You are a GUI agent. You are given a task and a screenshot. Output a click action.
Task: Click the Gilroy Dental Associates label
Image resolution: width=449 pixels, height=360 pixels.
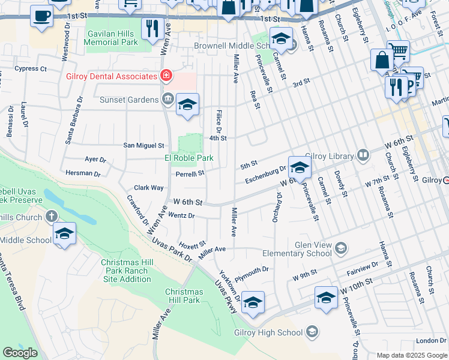click(x=112, y=76)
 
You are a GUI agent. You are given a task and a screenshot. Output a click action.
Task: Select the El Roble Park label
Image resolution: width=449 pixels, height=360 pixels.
click(x=189, y=158)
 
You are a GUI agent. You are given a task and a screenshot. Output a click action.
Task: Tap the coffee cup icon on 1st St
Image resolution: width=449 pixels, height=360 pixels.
click(x=41, y=16)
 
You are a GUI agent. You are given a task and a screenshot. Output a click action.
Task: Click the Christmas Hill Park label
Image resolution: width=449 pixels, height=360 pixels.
click(x=182, y=296)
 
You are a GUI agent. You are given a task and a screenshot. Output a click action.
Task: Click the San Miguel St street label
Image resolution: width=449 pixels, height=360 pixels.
click(x=143, y=145)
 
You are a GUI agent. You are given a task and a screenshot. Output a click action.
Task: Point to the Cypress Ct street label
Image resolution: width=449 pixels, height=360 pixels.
click(x=31, y=69)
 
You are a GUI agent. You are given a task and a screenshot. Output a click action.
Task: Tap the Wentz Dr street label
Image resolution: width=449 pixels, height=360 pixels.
click(x=181, y=215)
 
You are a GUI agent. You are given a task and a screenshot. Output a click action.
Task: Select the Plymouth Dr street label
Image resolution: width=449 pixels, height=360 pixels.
click(x=252, y=272)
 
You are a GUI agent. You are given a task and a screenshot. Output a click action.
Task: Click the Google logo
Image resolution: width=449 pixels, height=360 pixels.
click(x=20, y=353)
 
